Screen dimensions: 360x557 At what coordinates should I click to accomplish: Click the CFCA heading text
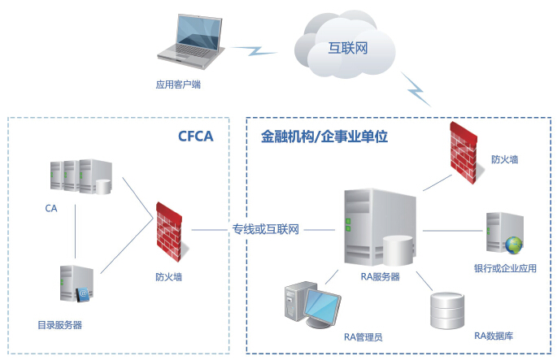195,136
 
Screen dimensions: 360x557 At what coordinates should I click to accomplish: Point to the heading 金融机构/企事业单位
324,136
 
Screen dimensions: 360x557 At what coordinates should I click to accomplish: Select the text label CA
51,209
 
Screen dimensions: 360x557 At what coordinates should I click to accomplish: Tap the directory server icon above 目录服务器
72,285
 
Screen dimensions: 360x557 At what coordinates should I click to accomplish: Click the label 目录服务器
59,325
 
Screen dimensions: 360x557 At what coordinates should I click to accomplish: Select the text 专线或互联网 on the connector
266,230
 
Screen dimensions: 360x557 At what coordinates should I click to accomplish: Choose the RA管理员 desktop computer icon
307,307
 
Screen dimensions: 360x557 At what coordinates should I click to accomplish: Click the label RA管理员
363,336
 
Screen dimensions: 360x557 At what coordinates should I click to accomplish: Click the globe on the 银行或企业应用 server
513,244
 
